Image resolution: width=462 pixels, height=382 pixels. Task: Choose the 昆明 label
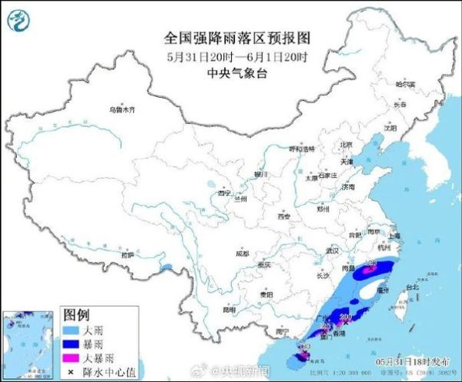tap(229, 309)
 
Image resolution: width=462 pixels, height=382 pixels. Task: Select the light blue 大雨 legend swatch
tap(71, 329)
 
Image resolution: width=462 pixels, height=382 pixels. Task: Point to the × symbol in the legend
tap(71, 371)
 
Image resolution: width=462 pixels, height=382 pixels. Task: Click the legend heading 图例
tap(76, 315)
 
